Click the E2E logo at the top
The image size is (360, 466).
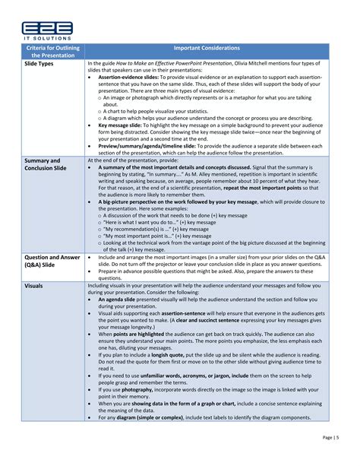point(47,28)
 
